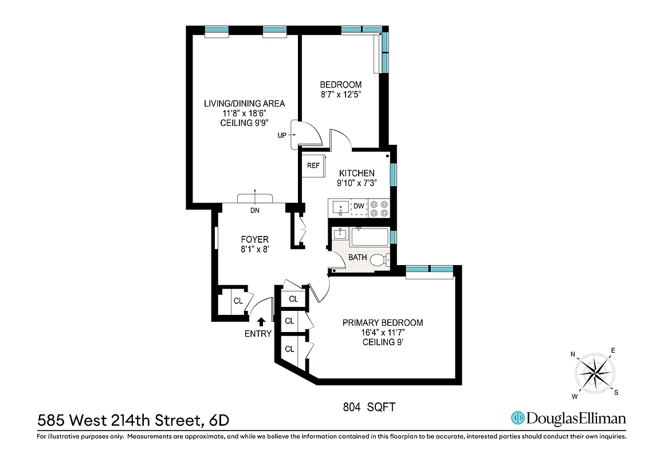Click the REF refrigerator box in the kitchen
313,166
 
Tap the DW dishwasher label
359,206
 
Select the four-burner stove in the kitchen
378,208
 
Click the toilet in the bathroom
378,260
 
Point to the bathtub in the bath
370,237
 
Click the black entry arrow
261,322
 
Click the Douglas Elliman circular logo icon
519,418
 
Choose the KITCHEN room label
356,173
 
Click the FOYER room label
254,239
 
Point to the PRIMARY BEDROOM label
383,323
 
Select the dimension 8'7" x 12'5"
340,94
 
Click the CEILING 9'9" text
245,123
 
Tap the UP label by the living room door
281,135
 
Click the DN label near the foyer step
254,210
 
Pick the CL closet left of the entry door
238,301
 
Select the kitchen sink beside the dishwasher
339,207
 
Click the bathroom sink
340,234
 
